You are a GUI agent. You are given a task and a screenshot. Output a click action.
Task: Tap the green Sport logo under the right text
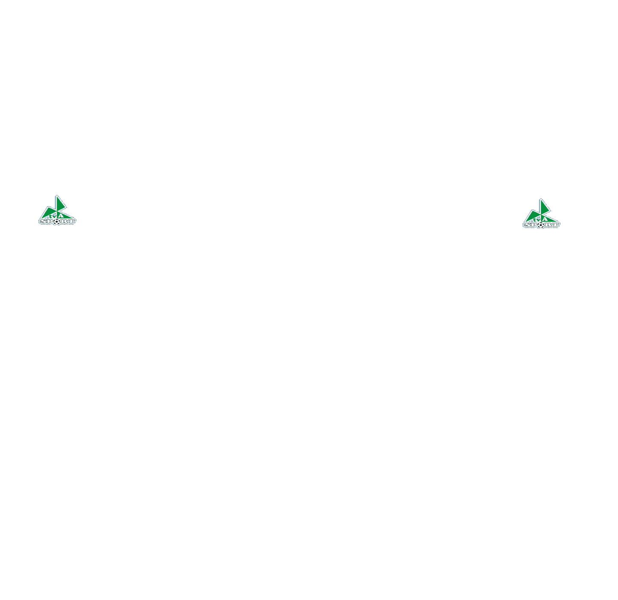(542, 214)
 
